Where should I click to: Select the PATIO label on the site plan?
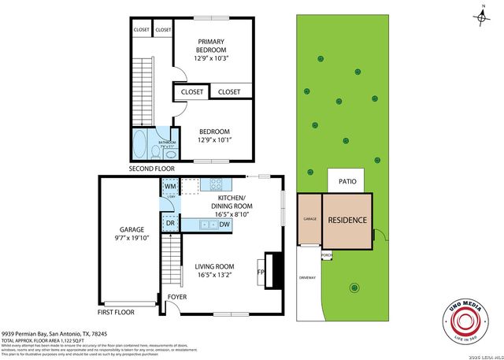pyautogui.click(x=347, y=180)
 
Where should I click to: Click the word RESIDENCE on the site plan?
pyautogui.click(x=347, y=219)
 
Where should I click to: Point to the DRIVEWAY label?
pyautogui.click(x=307, y=277)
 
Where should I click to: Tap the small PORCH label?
pyautogui.click(x=326, y=254)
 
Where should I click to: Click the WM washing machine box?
pyautogui.click(x=169, y=187)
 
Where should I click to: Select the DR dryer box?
pyautogui.click(x=169, y=225)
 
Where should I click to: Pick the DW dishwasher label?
pyautogui.click(x=224, y=225)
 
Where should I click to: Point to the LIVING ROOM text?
pyautogui.click(x=215, y=266)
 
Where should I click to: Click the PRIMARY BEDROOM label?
pyautogui.click(x=211, y=46)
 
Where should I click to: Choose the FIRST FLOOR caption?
pyautogui.click(x=117, y=312)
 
